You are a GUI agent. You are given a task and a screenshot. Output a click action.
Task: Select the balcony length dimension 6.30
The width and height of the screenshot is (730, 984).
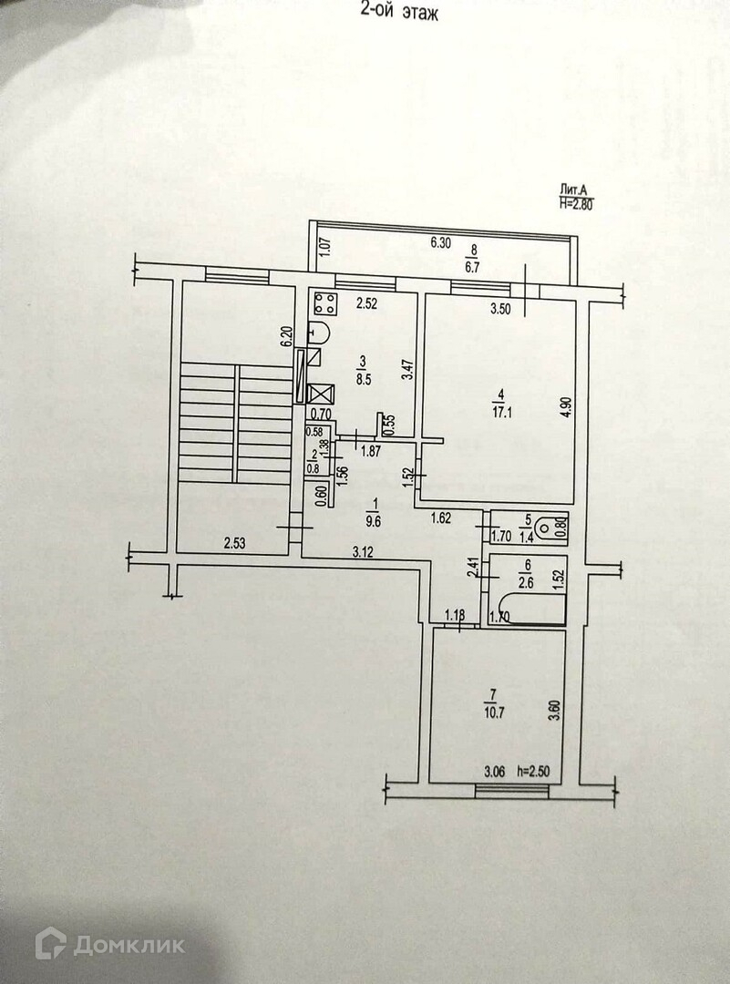click(x=441, y=243)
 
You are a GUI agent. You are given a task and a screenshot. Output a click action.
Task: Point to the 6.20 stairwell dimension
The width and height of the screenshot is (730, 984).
click(x=285, y=337)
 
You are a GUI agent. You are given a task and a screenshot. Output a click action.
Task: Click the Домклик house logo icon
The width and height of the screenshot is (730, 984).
click(x=50, y=943)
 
